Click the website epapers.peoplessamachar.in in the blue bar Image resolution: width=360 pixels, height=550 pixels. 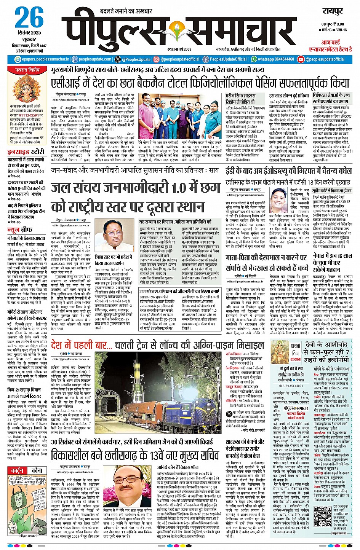click(x=42, y=59)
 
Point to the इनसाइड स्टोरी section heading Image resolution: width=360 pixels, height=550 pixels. click(x=26, y=152)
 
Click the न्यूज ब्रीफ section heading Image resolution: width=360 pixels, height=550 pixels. click(x=19, y=230)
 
